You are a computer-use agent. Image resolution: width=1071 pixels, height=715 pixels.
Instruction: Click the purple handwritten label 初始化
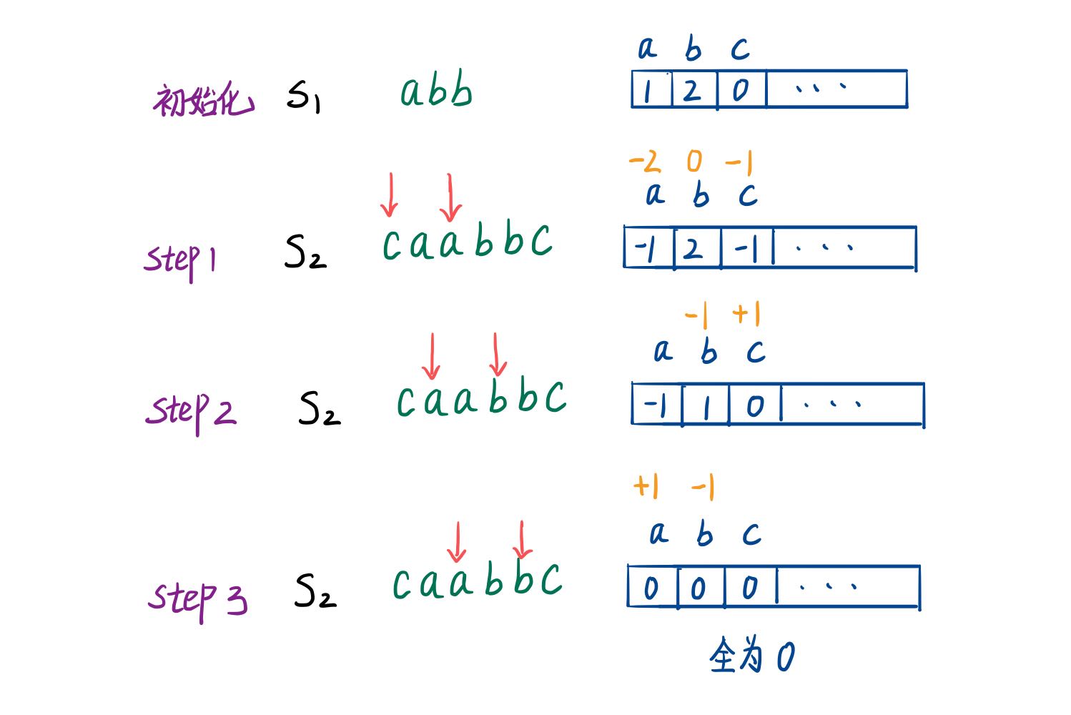pyautogui.click(x=204, y=99)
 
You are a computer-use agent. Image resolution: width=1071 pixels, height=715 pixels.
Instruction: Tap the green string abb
pyautogui.click(x=436, y=89)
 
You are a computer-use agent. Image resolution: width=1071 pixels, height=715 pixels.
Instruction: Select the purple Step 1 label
pyautogui.click(x=179, y=262)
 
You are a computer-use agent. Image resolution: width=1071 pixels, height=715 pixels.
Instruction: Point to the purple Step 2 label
pyautogui.click(x=190, y=413)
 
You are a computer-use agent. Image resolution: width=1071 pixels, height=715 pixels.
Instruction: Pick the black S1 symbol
pyautogui.click(x=303, y=97)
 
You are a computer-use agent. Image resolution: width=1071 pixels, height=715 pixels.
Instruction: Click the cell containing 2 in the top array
pyautogui.click(x=694, y=89)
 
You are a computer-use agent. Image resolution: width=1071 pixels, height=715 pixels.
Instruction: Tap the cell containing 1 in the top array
pyautogui.click(x=652, y=89)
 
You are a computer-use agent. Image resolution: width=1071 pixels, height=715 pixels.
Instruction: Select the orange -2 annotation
pyautogui.click(x=645, y=161)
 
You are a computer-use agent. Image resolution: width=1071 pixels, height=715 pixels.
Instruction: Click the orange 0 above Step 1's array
pyautogui.click(x=694, y=161)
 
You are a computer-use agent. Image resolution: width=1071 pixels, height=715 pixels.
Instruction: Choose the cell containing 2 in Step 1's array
pyautogui.click(x=697, y=247)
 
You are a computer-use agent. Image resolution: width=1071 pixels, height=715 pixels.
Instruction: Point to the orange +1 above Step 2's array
pyautogui.click(x=746, y=314)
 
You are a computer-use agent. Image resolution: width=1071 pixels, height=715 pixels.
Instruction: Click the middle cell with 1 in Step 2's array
pyautogui.click(x=706, y=405)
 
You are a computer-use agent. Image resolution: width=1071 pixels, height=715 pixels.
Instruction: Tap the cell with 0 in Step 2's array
pyautogui.click(x=756, y=405)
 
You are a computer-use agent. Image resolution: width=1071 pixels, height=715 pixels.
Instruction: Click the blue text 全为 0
pyautogui.click(x=752, y=655)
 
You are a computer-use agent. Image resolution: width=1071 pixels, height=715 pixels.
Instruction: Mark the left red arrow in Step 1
pyautogui.click(x=390, y=195)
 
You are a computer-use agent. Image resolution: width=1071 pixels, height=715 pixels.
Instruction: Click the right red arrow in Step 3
pyautogui.click(x=522, y=540)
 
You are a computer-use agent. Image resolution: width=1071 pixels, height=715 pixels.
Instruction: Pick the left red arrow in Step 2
pyautogui.click(x=431, y=356)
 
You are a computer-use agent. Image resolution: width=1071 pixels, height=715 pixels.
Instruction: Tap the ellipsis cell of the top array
pyautogui.click(x=836, y=89)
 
